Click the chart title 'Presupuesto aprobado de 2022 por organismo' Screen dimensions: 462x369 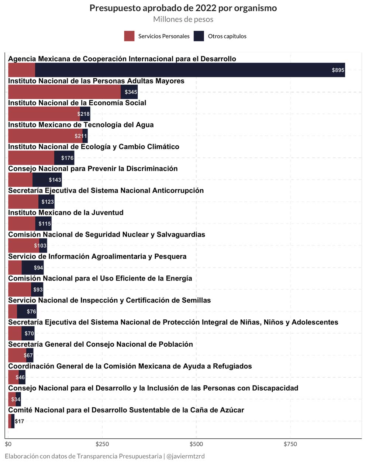pyautogui.click(x=183, y=8)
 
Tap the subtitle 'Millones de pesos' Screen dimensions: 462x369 pyautogui.click(x=183, y=19)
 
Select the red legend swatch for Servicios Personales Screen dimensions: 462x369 pyautogui.click(x=129, y=36)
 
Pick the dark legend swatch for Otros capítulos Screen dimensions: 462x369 pyautogui.click(x=199, y=36)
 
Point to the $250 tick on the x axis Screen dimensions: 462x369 pyautogui.click(x=102, y=444)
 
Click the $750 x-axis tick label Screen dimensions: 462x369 pyautogui.click(x=290, y=444)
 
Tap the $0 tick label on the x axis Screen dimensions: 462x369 pyautogui.click(x=8, y=444)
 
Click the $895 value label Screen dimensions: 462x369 pyautogui.click(x=338, y=70)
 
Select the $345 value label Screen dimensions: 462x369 pyautogui.click(x=131, y=92)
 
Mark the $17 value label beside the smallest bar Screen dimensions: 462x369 pyautogui.click(x=20, y=421)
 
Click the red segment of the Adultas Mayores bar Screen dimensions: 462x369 pyautogui.click(x=65, y=92)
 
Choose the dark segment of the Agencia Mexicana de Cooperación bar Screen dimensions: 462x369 pyautogui.click(x=184, y=70)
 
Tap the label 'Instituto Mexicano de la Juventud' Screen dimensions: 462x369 pyautogui.click(x=66, y=213)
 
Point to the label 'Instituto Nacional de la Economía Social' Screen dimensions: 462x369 pyautogui.click(x=77, y=103)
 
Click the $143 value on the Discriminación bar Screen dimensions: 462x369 pyautogui.click(x=55, y=180)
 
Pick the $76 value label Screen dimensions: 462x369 pyautogui.click(x=31, y=312)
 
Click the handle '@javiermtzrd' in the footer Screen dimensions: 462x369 pyautogui.click(x=185, y=456)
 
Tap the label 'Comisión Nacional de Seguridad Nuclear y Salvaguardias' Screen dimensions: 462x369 pyautogui.click(x=107, y=234)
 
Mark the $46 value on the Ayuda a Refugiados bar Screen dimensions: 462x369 pyautogui.click(x=20, y=377)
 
